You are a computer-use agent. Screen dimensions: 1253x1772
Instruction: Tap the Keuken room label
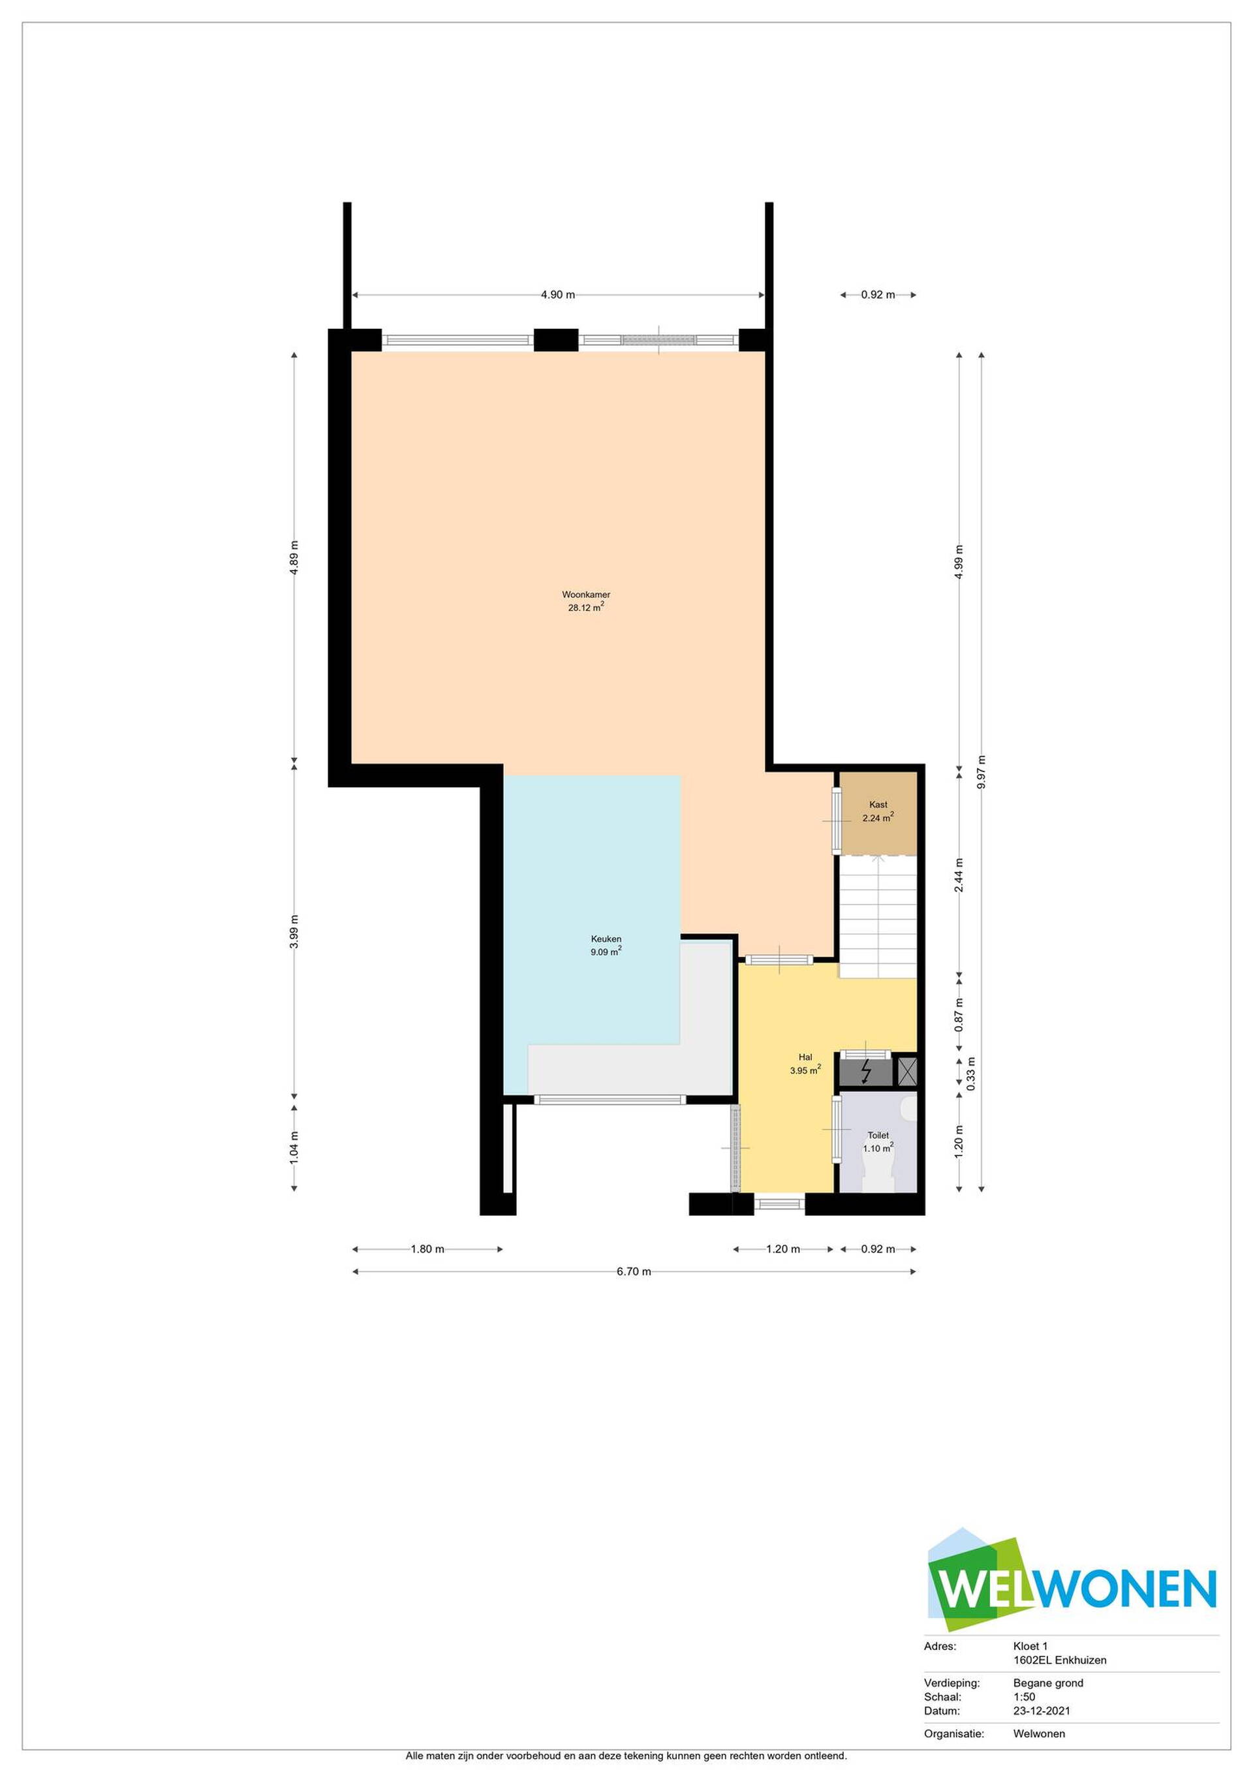(606, 939)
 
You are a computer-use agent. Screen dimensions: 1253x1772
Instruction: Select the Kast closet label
(878, 804)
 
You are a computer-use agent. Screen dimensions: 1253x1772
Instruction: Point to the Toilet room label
(878, 1135)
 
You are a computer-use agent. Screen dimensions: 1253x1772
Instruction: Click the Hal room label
(805, 1057)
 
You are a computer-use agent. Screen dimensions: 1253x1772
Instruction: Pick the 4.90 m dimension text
(558, 295)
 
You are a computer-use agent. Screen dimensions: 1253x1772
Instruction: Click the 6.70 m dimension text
(634, 1272)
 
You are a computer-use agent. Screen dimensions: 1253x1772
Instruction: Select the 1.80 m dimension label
(427, 1249)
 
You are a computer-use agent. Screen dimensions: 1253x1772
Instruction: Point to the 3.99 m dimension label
(294, 931)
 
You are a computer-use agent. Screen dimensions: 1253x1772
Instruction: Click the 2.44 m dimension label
(959, 875)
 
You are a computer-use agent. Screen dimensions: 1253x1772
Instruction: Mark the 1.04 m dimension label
(294, 1147)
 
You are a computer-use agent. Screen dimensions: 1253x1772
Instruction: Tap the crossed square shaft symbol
(908, 1070)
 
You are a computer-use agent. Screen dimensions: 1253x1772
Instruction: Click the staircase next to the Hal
(878, 916)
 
